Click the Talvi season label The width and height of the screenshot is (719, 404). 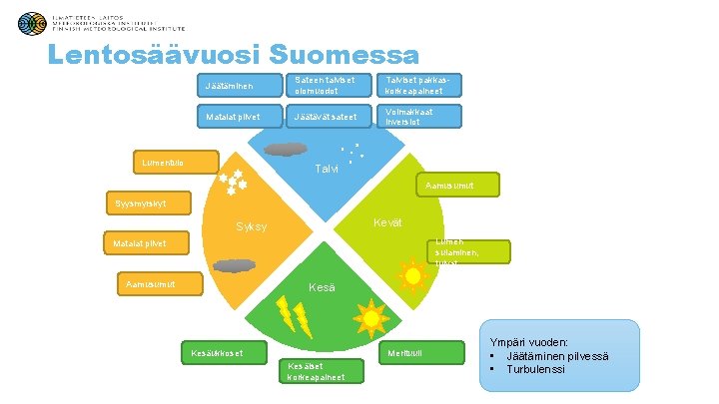(327, 168)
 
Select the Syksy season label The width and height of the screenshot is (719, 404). (251, 227)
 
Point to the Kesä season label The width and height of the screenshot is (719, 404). (322, 287)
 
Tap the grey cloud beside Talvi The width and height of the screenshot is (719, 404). (286, 150)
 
